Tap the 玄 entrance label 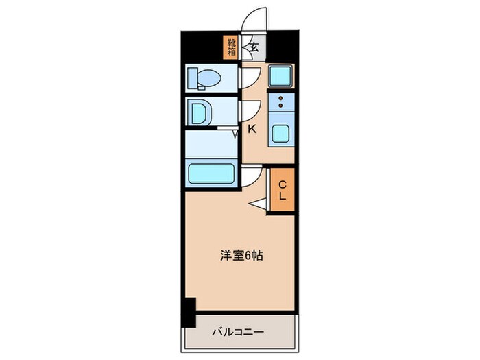point(254,47)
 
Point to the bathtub point(211,173)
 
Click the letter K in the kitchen point(252,128)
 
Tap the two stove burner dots point(280,103)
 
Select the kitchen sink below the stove point(280,133)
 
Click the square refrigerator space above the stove point(280,76)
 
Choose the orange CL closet point(282,190)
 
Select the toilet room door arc point(250,77)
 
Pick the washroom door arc point(250,110)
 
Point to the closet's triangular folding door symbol point(258,203)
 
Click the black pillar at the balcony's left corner point(188,312)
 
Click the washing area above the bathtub point(211,144)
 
